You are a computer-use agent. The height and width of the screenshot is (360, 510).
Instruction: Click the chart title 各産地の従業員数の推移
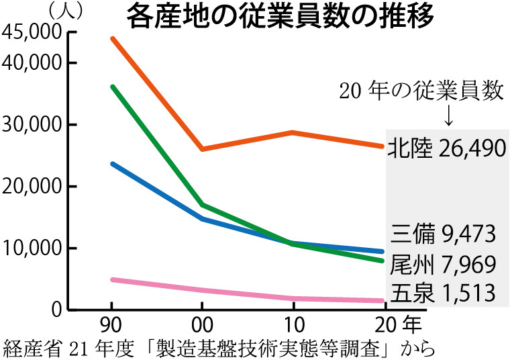coord(280,16)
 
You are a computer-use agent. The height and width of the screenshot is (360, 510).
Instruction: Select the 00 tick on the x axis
coord(203,326)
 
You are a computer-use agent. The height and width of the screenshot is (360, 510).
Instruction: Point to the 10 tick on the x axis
coord(293,326)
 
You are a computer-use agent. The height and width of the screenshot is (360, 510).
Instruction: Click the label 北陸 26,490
coord(446,148)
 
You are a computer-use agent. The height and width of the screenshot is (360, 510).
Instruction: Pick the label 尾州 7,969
coord(443,264)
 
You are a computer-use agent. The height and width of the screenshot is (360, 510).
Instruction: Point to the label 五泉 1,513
coord(443,293)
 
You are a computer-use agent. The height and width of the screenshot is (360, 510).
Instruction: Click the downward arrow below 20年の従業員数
coord(448,116)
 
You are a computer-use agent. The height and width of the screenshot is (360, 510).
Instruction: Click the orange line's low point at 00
coord(203,149)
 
